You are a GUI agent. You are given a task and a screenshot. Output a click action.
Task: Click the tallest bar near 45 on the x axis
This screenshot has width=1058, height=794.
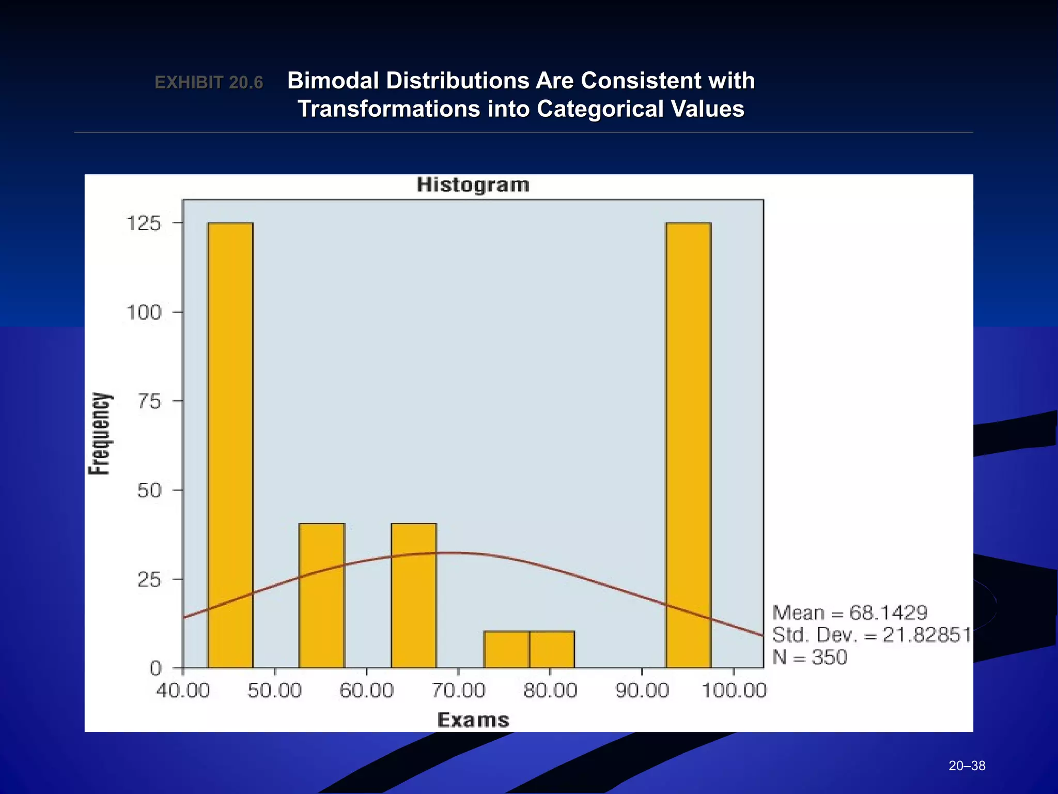click(x=230, y=445)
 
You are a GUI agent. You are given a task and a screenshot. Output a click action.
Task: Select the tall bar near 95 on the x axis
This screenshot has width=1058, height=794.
click(x=689, y=445)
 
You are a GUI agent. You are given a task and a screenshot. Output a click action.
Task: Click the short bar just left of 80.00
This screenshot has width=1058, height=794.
click(x=506, y=649)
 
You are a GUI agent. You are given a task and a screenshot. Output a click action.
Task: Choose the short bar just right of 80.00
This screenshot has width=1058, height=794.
click(x=552, y=649)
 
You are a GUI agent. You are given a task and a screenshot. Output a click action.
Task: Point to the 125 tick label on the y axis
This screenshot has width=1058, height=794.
click(x=144, y=223)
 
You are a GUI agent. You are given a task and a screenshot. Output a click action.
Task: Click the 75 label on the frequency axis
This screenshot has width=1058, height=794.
click(x=149, y=401)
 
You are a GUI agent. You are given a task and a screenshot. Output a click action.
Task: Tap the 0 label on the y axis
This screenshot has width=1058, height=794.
click(x=155, y=668)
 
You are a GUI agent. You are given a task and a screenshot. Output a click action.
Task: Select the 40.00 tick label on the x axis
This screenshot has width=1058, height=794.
click(x=183, y=691)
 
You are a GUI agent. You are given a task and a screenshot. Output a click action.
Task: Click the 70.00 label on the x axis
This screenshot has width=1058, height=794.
click(x=458, y=691)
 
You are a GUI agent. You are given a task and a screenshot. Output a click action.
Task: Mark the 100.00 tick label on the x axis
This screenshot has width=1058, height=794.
click(x=734, y=691)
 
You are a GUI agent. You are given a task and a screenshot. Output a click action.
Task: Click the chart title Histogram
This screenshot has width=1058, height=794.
click(x=473, y=185)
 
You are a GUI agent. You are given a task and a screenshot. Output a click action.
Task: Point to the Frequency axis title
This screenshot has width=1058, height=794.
click(x=99, y=434)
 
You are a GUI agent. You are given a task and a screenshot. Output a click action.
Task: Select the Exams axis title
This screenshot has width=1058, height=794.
click(x=473, y=720)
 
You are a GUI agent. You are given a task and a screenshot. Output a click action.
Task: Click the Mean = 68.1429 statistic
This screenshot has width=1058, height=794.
click(x=850, y=613)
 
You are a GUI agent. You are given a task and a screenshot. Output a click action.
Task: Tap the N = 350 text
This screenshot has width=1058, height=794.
click(x=810, y=658)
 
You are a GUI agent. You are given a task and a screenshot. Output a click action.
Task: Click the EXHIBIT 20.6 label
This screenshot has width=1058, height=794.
click(x=209, y=83)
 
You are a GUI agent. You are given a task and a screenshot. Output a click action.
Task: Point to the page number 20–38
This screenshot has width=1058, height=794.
click(x=967, y=766)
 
